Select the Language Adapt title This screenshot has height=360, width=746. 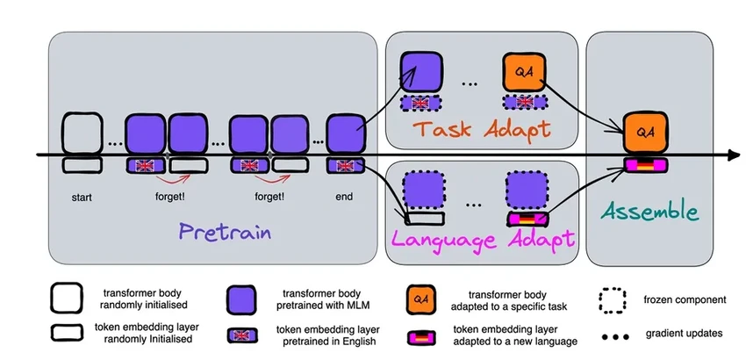[484, 239]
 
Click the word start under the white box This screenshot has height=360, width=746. [82, 197]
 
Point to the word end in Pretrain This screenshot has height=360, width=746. [343, 197]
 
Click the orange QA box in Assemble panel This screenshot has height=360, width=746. [646, 132]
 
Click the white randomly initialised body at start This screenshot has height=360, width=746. [82, 133]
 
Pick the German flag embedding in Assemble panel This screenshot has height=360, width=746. [646, 164]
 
